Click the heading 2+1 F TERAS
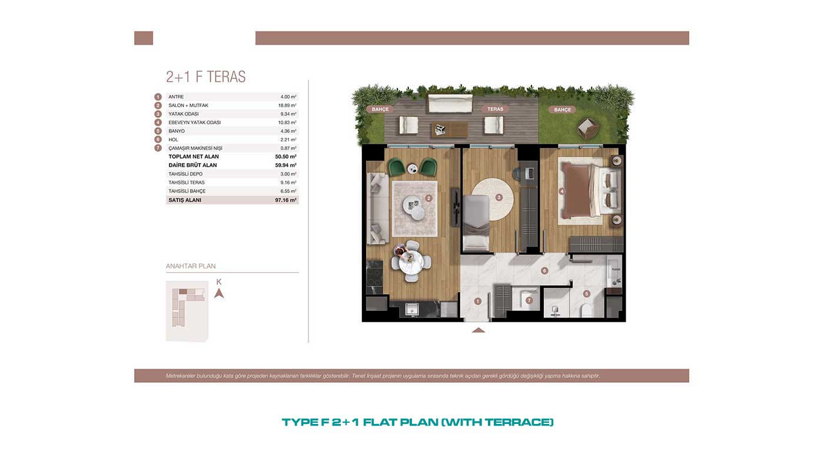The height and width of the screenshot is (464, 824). click(205, 77)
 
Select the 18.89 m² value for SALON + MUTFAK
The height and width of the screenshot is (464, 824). click(287, 105)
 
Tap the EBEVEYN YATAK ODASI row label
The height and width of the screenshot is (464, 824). click(195, 122)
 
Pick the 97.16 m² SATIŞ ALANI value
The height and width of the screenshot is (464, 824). click(285, 200)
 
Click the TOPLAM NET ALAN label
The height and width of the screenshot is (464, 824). click(194, 157)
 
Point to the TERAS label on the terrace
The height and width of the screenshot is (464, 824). click(495, 110)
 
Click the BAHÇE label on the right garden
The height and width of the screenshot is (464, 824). click(563, 110)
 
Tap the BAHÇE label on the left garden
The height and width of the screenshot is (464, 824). click(380, 110)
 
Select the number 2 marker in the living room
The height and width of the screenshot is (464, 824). click(428, 198)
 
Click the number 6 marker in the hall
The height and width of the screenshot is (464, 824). click(544, 271)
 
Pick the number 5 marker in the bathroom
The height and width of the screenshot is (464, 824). click(587, 294)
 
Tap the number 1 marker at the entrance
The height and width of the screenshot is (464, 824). click(478, 301)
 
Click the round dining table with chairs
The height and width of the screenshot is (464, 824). click(410, 261)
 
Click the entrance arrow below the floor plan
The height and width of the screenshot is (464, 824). click(478, 330)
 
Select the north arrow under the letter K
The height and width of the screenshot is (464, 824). click(219, 293)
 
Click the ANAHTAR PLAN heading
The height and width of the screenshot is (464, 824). click(191, 266)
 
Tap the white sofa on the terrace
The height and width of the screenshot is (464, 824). click(450, 104)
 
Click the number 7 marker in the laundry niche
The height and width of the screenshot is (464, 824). click(529, 300)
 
